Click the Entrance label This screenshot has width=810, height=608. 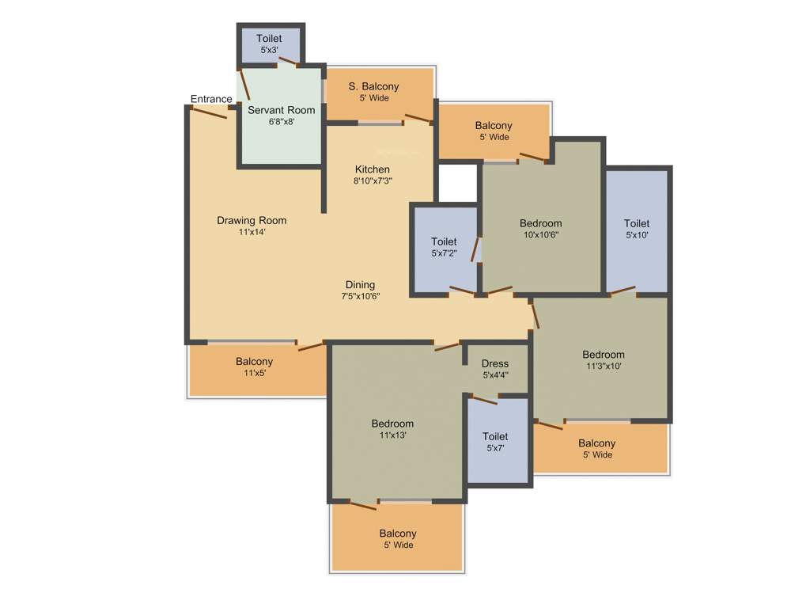211,99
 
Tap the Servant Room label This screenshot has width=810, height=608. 281,110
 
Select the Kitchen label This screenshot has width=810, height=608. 372,169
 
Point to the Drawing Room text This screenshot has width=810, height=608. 252,220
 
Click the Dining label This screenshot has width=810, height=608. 360,285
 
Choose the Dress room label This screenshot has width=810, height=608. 495,363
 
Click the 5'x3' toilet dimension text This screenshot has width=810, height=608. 269,50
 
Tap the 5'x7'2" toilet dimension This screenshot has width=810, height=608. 444,253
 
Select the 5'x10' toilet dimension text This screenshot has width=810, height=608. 637,235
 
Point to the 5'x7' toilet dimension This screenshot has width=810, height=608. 495,448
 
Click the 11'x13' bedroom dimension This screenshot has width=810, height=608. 392,435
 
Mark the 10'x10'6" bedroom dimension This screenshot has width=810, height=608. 541,234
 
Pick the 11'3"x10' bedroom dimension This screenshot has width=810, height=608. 604,366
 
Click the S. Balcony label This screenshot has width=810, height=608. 374,86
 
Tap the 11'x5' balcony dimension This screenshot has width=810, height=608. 254,373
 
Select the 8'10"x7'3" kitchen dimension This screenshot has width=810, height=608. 372,180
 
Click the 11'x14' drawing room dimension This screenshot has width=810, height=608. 252,232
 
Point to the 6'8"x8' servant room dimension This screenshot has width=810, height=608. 281,122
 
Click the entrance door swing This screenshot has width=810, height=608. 210,112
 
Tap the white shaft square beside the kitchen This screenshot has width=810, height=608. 458,183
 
